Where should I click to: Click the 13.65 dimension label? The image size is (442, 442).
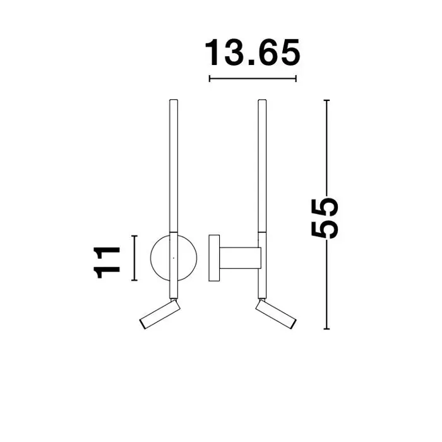tap(253, 52)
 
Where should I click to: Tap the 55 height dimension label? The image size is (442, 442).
tap(325, 219)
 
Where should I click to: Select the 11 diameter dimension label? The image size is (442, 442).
tap(107, 263)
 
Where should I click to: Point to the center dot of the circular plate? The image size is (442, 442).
tap(174, 258)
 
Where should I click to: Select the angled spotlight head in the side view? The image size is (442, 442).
tap(276, 314)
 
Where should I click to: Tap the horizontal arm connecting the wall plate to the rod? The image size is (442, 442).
tap(241, 258)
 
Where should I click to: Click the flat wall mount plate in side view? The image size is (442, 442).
tap(214, 258)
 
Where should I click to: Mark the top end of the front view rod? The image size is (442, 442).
tap(174, 100)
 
